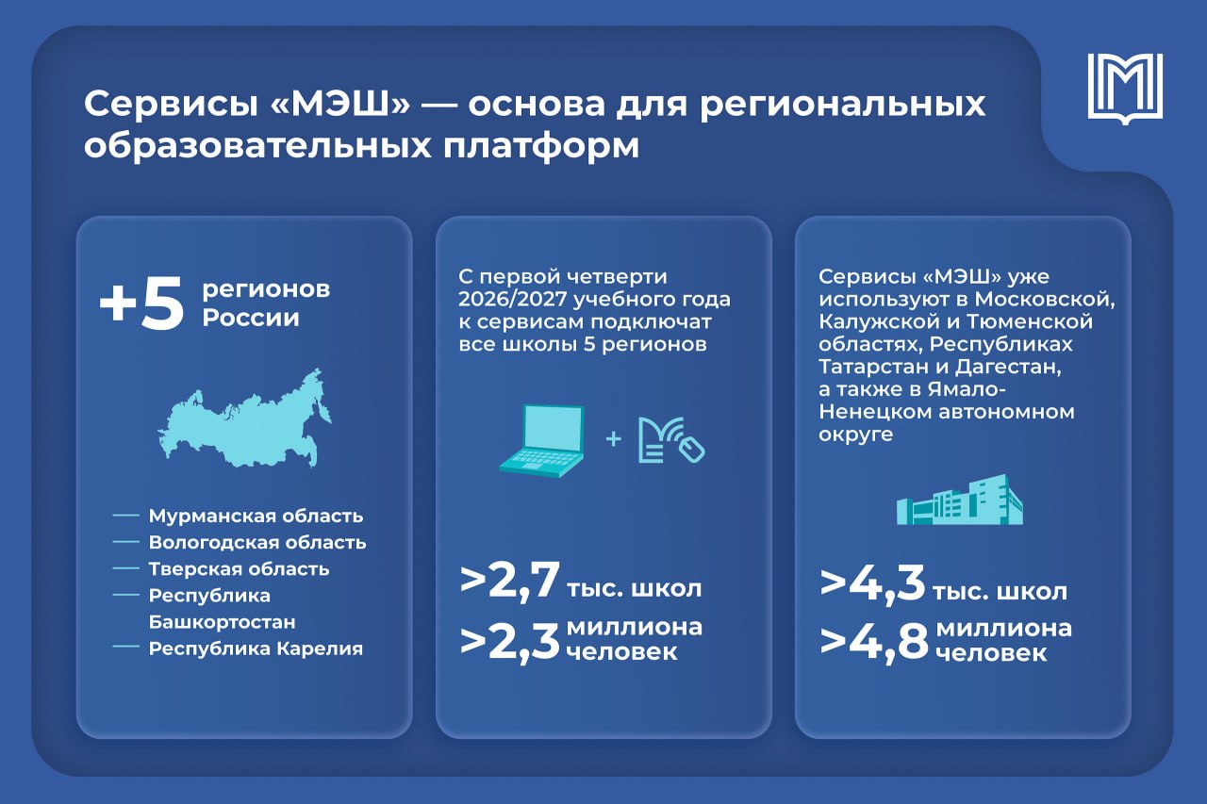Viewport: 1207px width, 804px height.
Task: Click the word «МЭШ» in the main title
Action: coord(340,104)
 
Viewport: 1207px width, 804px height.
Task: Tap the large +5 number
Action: coord(141,304)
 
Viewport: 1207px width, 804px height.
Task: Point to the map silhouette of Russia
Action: coord(244,418)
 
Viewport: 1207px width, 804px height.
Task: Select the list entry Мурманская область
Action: coord(256,516)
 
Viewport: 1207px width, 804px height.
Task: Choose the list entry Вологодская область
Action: coord(257,542)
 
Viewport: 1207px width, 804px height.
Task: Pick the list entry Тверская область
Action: coord(240,568)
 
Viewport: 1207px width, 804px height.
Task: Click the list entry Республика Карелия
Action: coord(256,648)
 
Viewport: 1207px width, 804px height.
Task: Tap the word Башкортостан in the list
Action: coord(222,622)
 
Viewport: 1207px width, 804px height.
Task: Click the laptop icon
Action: coord(542,440)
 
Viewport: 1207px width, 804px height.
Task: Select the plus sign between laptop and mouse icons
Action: coord(613,439)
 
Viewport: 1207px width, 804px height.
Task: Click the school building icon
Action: coord(960,500)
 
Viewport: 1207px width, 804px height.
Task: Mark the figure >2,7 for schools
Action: coord(510,582)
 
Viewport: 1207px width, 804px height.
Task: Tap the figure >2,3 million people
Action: coord(510,643)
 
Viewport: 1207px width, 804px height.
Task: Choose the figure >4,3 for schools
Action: coord(872,583)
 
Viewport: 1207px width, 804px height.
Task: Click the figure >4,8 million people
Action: coord(874,643)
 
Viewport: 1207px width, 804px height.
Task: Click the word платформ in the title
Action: coord(541,146)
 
